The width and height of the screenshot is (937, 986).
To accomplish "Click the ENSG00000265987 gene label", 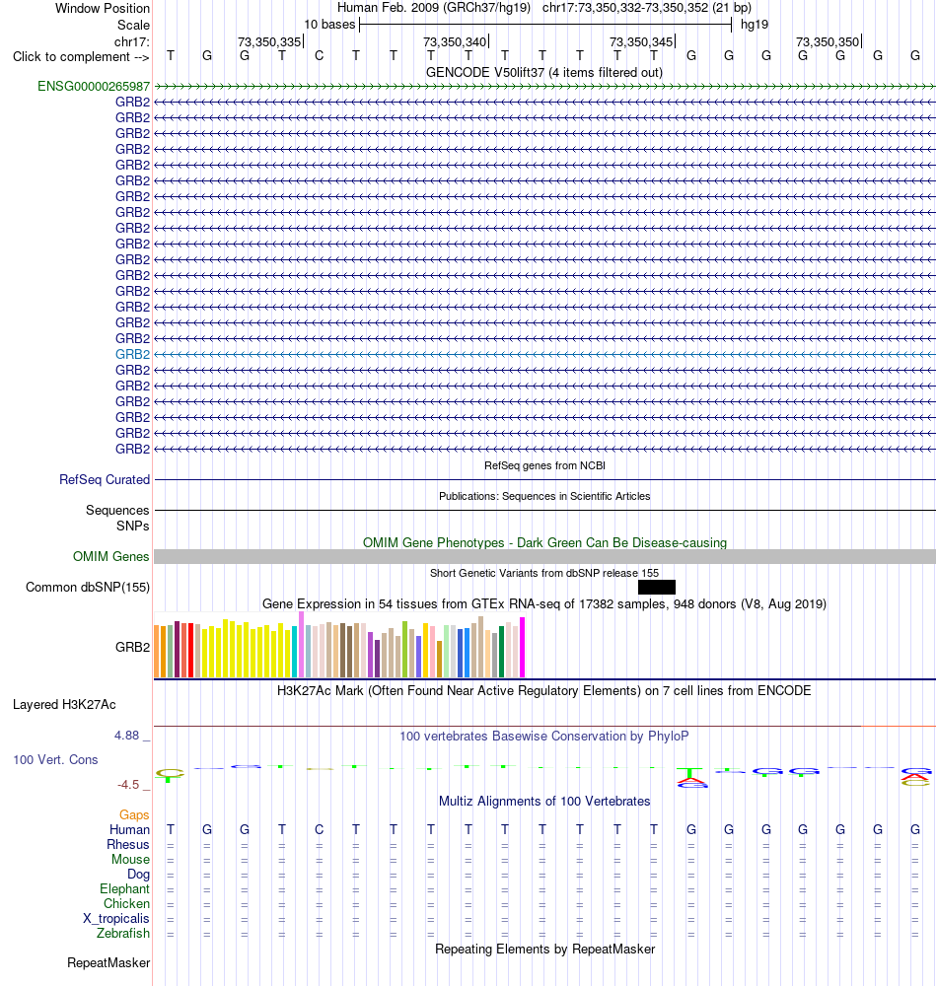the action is (x=94, y=86).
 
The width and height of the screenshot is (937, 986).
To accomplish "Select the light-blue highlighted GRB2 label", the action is (x=133, y=354).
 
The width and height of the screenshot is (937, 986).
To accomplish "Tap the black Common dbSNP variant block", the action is (x=657, y=587).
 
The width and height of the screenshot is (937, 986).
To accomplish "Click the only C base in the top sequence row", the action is (x=319, y=56).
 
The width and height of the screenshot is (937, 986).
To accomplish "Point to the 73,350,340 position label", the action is (x=455, y=41).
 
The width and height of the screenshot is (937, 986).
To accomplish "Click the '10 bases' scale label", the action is (x=329, y=25).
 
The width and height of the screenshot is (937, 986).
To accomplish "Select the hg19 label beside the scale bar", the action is (x=754, y=25).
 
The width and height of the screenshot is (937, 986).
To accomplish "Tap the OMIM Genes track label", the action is (x=110, y=556).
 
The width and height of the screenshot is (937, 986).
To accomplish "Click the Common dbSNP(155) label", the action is (x=88, y=587).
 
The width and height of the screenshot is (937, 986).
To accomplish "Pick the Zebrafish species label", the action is (x=123, y=933).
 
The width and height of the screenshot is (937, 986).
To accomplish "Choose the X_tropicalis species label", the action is (x=116, y=919).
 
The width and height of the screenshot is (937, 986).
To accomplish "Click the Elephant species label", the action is (x=124, y=889).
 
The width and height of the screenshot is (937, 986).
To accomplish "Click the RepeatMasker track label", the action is (x=108, y=962).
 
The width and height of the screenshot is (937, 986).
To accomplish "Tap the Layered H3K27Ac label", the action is (x=64, y=704).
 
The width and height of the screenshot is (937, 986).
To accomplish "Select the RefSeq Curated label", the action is (x=105, y=480).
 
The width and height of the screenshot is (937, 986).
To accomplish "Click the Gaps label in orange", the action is (x=134, y=815).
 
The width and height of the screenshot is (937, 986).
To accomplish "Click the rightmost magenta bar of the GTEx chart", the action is (x=522, y=647).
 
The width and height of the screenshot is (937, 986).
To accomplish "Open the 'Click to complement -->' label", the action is (x=81, y=56).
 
